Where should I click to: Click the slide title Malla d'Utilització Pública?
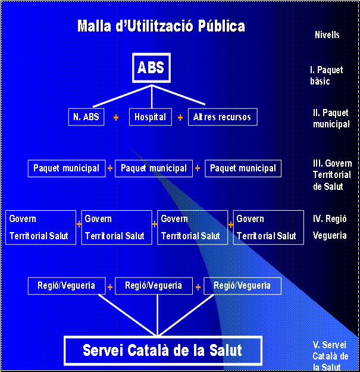click(x=161, y=26)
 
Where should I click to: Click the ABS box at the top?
click(x=151, y=68)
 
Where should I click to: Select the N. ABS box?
click(x=86, y=117)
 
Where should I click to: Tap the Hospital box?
click(x=151, y=117)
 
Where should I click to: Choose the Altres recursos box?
click(x=223, y=117)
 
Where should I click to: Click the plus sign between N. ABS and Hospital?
click(x=116, y=117)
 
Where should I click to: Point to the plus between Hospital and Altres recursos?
click(x=180, y=117)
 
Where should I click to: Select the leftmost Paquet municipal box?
click(x=67, y=168)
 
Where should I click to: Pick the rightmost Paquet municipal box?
click(x=243, y=168)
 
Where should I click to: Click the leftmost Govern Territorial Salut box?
click(x=41, y=227)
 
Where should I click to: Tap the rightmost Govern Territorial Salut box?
click(x=268, y=227)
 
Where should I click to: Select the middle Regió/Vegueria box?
click(x=154, y=286)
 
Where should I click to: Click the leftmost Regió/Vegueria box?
click(x=67, y=286)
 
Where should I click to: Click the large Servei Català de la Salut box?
click(x=163, y=351)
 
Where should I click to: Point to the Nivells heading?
click(x=327, y=35)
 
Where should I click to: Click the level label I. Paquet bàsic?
click(x=327, y=76)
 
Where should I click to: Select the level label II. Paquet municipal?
click(x=331, y=118)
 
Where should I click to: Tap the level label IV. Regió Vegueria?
click(x=330, y=227)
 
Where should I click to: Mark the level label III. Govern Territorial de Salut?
click(x=332, y=175)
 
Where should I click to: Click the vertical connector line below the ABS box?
click(x=152, y=97)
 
